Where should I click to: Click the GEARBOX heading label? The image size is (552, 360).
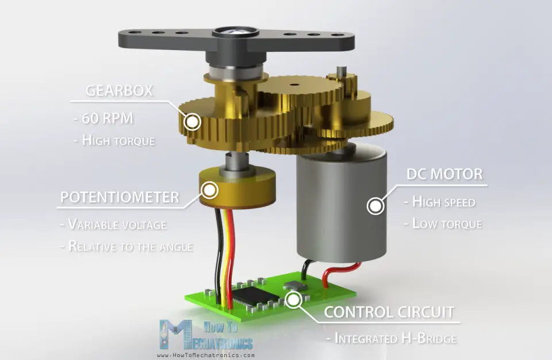click(x=120, y=91)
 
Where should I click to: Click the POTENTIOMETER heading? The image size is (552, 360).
click(x=120, y=198)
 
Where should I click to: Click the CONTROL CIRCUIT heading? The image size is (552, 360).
click(x=389, y=312)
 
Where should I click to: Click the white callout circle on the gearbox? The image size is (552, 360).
click(x=191, y=121)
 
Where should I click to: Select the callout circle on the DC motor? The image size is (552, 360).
click(x=375, y=205)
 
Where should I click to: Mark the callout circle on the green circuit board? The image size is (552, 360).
click(x=294, y=298)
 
